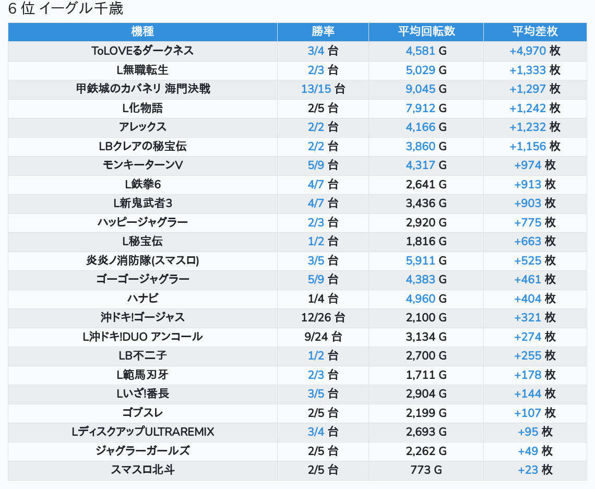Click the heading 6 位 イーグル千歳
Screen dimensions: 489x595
pos(66,9)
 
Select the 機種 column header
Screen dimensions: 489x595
pos(142,31)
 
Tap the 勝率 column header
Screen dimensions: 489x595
pos(323,31)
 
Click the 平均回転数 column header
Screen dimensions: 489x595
pos(426,31)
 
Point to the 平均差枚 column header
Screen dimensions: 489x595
pos(534,31)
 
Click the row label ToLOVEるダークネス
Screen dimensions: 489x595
pos(142,51)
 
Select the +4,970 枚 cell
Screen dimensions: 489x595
pos(534,51)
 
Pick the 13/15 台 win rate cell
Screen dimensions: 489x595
pos(323,89)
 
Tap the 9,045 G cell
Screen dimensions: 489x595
pos(426,89)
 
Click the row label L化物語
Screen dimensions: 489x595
pos(142,108)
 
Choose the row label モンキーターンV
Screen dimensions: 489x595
pos(142,165)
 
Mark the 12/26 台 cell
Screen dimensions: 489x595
pos(323,317)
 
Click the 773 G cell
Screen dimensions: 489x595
pos(426,470)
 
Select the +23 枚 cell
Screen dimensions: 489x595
pos(534,470)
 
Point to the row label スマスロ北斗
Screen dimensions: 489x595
pos(142,470)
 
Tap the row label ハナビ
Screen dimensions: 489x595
pos(142,299)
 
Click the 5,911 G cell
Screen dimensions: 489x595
pos(426,260)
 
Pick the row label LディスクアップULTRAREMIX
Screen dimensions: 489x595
pos(142,432)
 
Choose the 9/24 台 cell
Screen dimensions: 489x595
pos(323,337)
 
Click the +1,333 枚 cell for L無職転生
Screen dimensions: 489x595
pos(534,70)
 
